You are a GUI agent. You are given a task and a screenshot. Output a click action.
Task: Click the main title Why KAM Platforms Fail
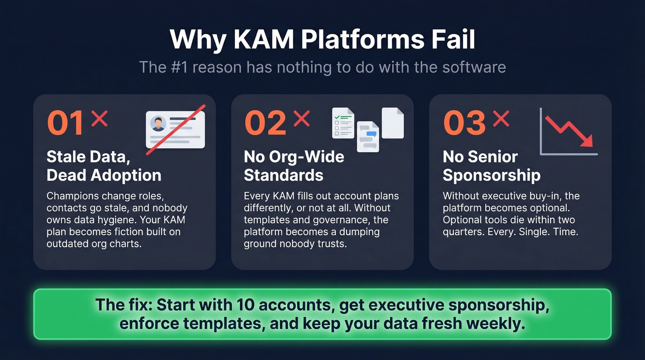pyautogui.click(x=322, y=40)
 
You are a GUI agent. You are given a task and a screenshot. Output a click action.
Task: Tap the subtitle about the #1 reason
pyautogui.click(x=322, y=67)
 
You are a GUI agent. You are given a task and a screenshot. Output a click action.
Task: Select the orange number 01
pyautogui.click(x=65, y=123)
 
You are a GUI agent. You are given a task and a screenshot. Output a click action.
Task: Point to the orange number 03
pyautogui.click(x=464, y=123)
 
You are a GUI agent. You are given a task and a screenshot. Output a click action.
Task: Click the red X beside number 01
pyautogui.click(x=99, y=118)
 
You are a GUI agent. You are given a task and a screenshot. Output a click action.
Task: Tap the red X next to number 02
pyautogui.click(x=301, y=118)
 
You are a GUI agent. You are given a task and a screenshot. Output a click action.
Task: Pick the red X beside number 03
pyautogui.click(x=501, y=118)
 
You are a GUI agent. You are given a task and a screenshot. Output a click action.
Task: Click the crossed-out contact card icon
pyautogui.click(x=176, y=130)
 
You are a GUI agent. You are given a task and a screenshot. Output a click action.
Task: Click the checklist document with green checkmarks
pyautogui.click(x=343, y=123)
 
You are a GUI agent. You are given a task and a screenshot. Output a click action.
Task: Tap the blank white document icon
pyautogui.click(x=393, y=123)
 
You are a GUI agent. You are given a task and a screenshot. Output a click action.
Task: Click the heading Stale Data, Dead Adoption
pyautogui.click(x=104, y=166)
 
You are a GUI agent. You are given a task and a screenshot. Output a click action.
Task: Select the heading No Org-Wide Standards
pyautogui.click(x=294, y=166)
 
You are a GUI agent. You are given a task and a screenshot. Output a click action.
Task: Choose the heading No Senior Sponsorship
pyautogui.click(x=492, y=166)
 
